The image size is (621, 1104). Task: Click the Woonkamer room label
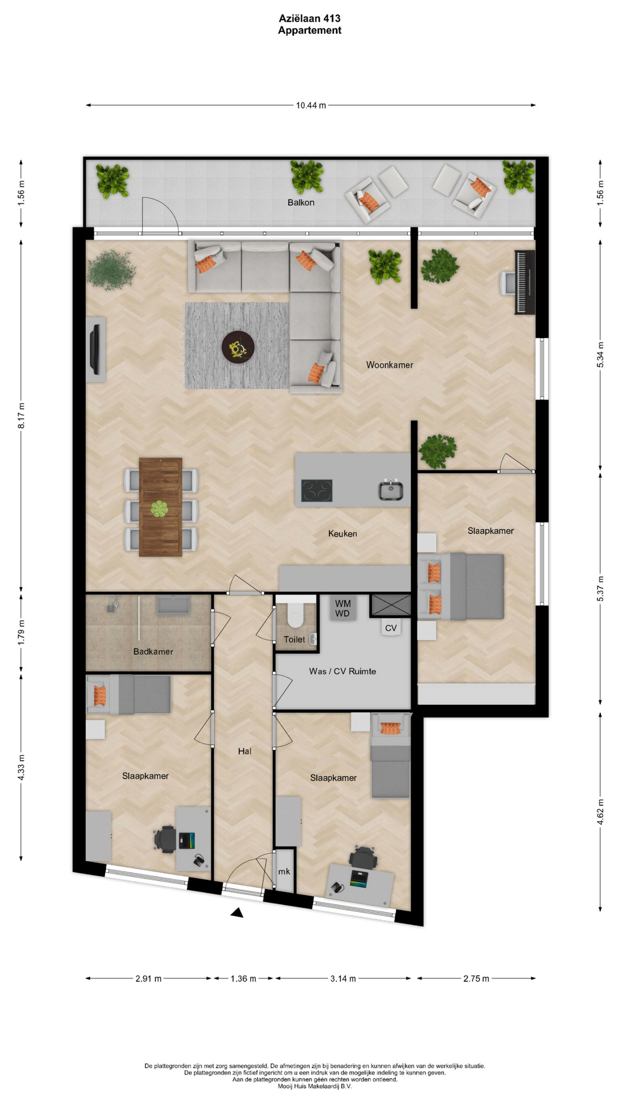[x=389, y=365]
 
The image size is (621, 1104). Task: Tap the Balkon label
[x=301, y=202]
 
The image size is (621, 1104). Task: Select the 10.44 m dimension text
[x=311, y=105]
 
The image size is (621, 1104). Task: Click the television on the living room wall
[x=95, y=349]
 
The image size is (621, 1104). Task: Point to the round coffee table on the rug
[x=238, y=347]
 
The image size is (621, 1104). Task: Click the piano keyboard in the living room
[x=524, y=282]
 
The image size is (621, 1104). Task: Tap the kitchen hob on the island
[x=317, y=490]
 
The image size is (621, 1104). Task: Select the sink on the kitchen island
[x=390, y=490]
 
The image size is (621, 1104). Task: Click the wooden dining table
[x=160, y=507]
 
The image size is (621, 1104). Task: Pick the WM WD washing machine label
[x=343, y=608]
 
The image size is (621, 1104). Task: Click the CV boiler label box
[x=391, y=627]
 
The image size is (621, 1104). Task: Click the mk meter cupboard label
[x=284, y=872]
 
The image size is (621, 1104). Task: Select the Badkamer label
[x=153, y=651]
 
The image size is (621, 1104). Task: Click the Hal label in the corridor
[x=244, y=751]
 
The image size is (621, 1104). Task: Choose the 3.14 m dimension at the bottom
[x=343, y=979]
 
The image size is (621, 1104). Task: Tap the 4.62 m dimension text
[x=600, y=812]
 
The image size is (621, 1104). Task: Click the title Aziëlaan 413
[x=309, y=18]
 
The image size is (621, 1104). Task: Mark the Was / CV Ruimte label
[x=342, y=671]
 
